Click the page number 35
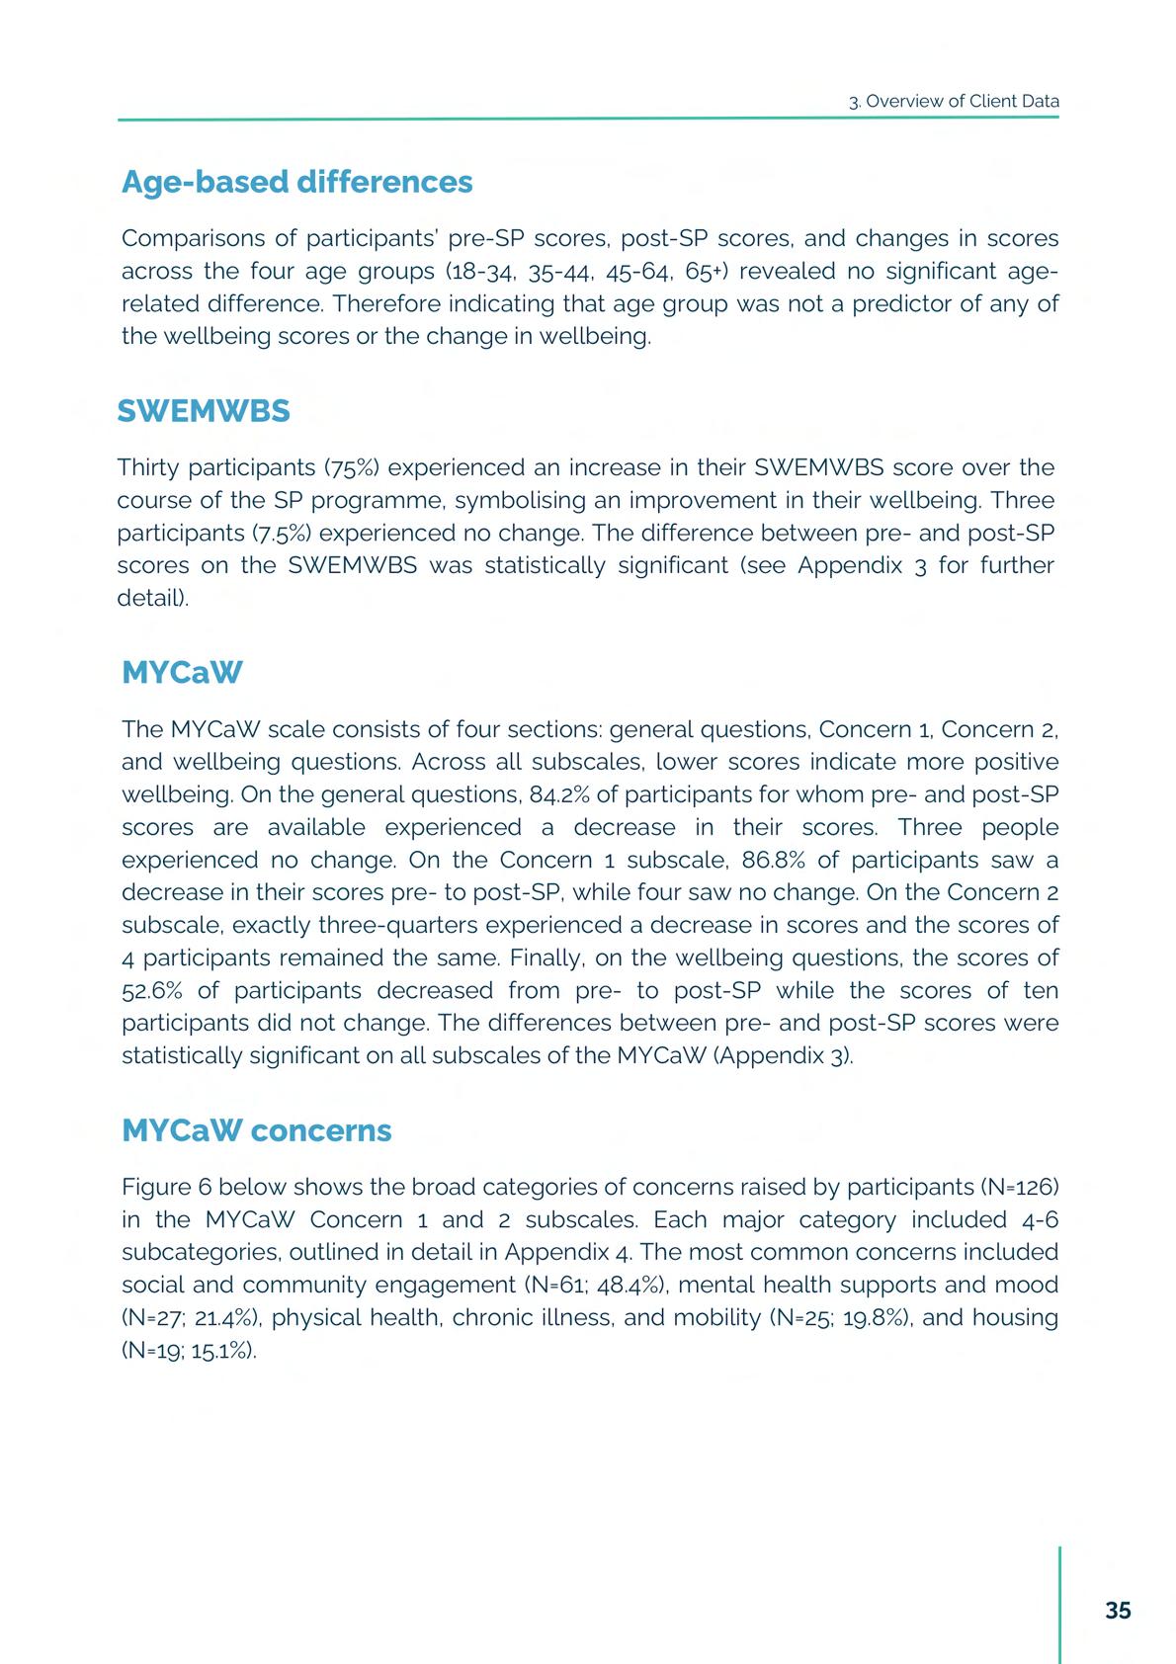(x=1118, y=1611)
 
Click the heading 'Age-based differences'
(x=296, y=182)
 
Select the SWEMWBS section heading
(x=204, y=411)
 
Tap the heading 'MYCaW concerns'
(x=256, y=1130)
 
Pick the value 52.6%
(x=153, y=990)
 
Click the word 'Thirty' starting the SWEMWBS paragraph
(x=148, y=467)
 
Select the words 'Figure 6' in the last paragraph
(x=166, y=1186)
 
